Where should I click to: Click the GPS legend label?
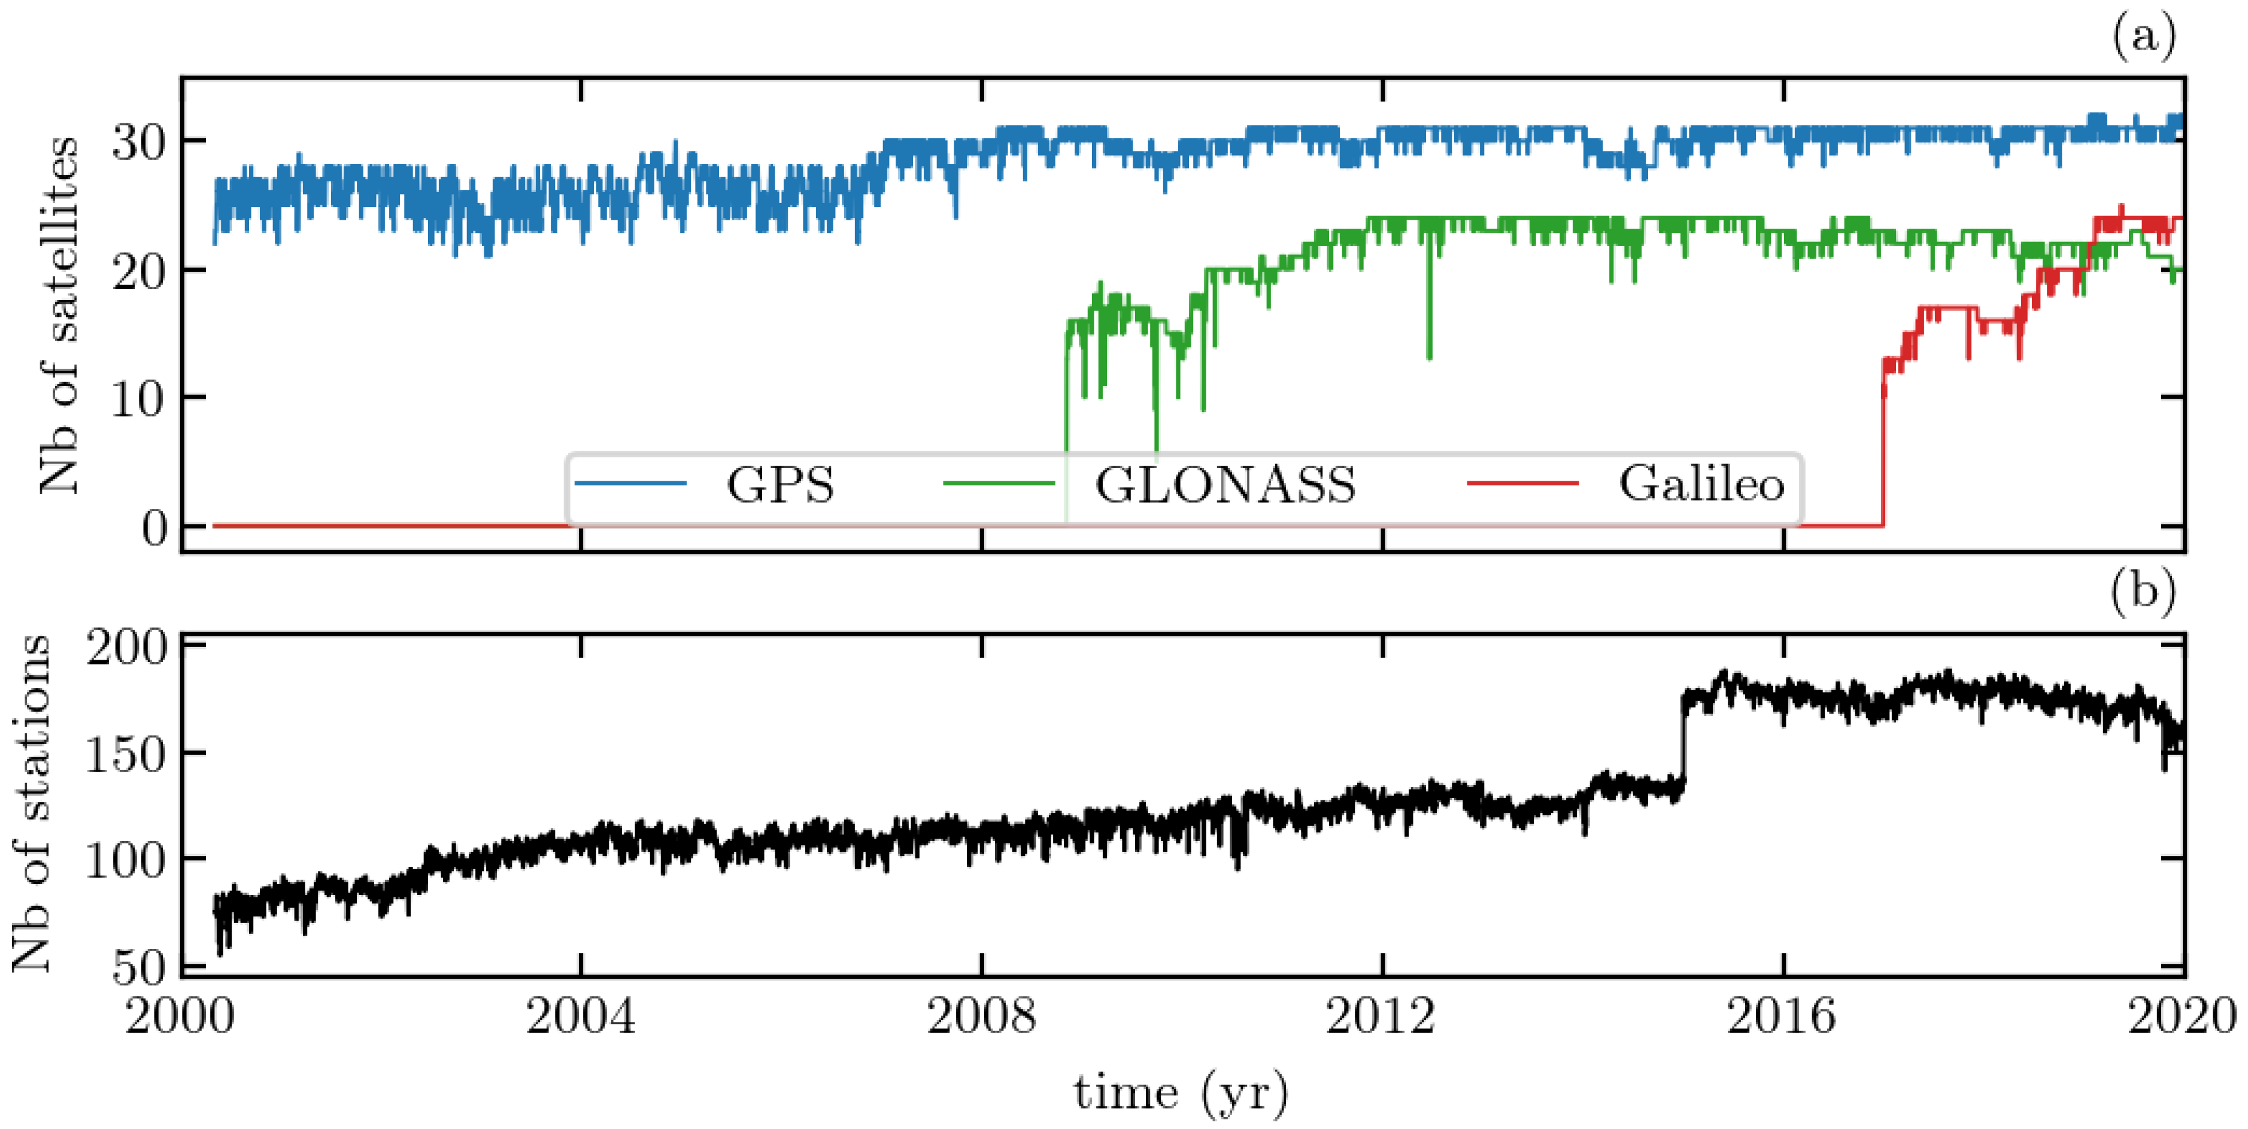point(779,484)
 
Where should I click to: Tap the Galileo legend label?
point(1701,484)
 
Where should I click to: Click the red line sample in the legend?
point(1523,482)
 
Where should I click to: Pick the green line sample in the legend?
point(999,482)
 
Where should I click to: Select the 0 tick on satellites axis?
point(155,527)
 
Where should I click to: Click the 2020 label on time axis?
point(2181,1016)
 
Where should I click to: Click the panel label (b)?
point(2143,591)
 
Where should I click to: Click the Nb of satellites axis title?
point(59,314)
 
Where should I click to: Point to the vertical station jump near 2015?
point(1682,742)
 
